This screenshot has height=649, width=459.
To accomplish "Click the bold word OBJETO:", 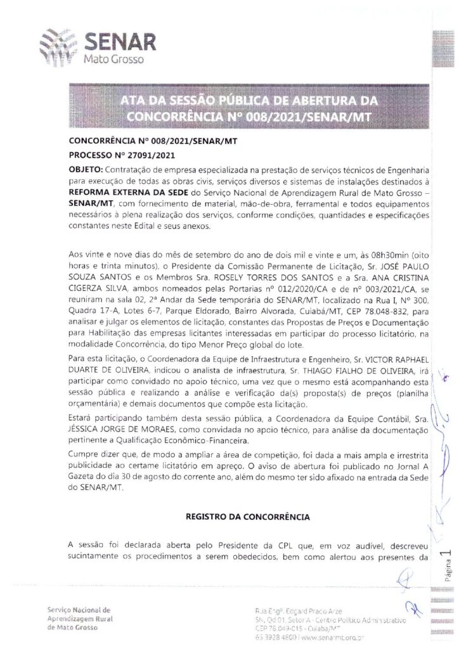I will pyautogui.click(x=85, y=170).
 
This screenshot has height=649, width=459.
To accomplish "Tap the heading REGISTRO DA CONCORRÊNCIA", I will pyautogui.click(x=248, y=517).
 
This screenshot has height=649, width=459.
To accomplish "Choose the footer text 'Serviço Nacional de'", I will pyautogui.click(x=79, y=609).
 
